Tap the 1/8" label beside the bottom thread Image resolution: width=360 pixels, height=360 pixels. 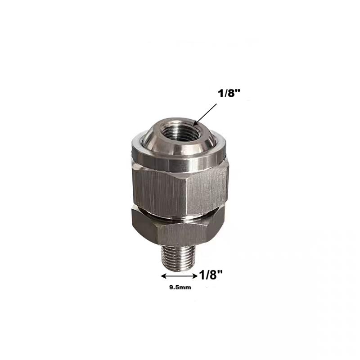coord(211,274)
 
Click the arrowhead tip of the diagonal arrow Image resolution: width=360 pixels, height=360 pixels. coord(194,124)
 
